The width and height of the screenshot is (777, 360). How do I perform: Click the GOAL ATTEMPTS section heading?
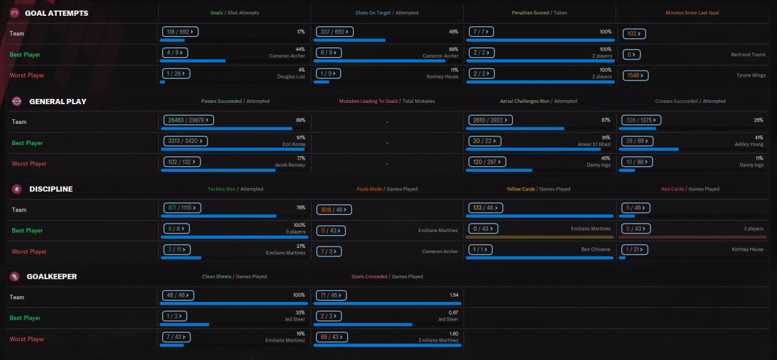pos(56,13)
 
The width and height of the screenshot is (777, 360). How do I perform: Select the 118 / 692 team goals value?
pos(180,31)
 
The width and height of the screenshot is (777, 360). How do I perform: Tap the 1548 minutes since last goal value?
pos(635,75)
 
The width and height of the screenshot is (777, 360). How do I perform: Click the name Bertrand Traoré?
pos(748,55)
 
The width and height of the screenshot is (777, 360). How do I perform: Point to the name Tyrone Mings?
pos(751,76)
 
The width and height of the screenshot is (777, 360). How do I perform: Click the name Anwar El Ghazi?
pos(595,144)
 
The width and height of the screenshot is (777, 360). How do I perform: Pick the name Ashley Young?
pos(749,144)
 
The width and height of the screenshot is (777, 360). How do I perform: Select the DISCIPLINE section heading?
pos(51,189)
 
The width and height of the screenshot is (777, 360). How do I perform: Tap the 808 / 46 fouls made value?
pos(335,209)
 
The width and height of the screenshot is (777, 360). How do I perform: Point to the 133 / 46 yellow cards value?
pos(486,208)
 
